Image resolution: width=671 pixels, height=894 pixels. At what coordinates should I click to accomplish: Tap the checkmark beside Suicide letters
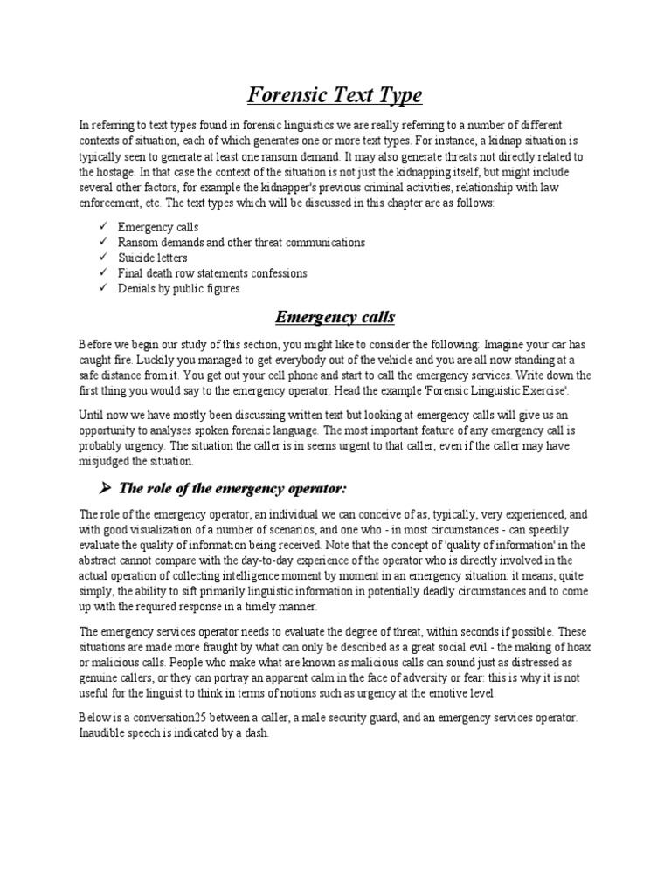[101, 258]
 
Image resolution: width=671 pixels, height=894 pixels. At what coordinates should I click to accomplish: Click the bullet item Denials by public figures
[178, 288]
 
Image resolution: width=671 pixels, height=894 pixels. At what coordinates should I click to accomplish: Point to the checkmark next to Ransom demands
[101, 242]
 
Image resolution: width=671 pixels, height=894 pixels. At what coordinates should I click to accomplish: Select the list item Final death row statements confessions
[212, 273]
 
